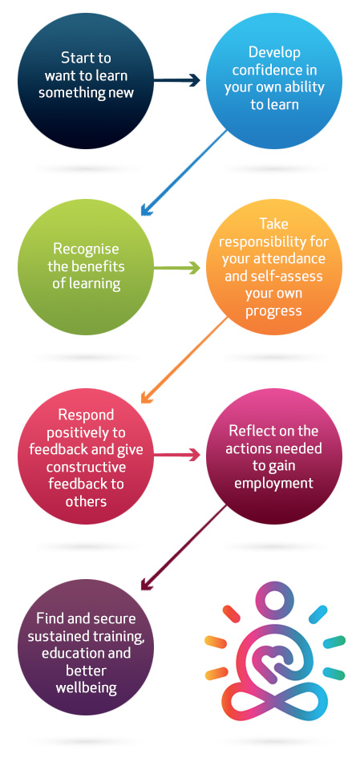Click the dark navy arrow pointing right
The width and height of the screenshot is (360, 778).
tap(176, 80)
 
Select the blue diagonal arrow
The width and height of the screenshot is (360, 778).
tap(184, 173)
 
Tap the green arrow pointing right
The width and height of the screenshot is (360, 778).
tap(176, 268)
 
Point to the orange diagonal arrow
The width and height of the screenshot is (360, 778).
tap(184, 361)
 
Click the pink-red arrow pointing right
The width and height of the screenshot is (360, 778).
tap(176, 455)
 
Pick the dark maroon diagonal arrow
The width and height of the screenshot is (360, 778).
tap(184, 548)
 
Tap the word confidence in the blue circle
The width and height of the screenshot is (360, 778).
tap(274, 70)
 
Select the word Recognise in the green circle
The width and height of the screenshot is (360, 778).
tap(87, 248)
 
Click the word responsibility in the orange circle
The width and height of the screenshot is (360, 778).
tap(274, 241)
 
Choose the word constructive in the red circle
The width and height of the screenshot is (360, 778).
tap(87, 467)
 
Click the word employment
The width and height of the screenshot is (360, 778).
tap(274, 483)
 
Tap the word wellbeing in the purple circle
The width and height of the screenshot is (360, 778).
tap(87, 688)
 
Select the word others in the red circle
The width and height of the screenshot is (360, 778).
tap(87, 501)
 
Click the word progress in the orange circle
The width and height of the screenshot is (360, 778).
tap(274, 310)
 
